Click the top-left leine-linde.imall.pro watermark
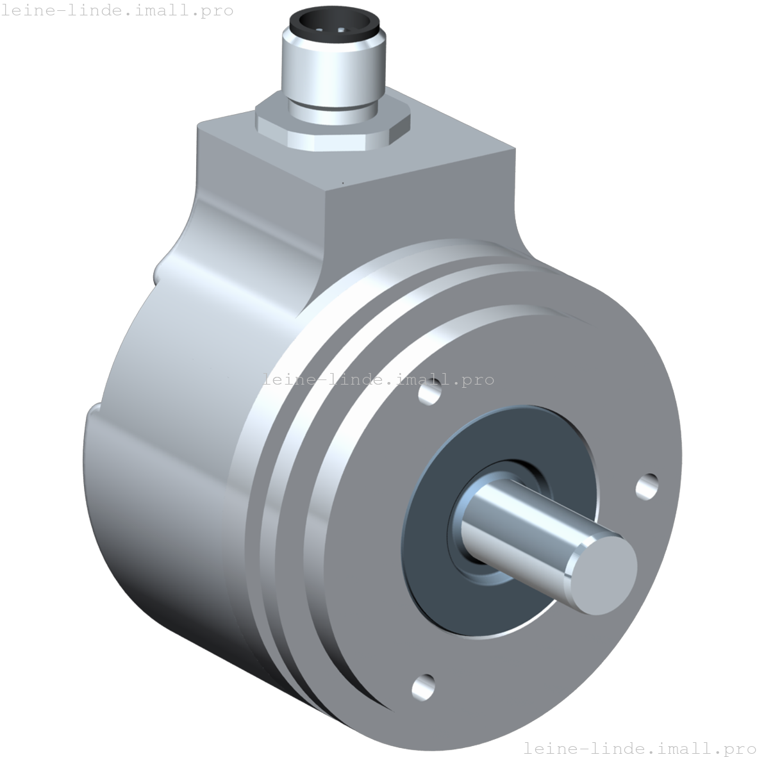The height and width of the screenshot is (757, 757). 117,11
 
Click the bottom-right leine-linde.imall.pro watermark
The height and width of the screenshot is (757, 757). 640,747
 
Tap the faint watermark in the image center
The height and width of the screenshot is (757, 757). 378,379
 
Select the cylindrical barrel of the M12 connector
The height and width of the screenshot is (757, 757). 333,74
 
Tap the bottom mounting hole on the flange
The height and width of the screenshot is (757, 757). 423,686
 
